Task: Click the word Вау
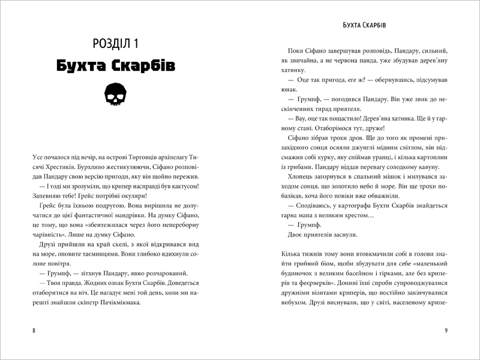point(292,118)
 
